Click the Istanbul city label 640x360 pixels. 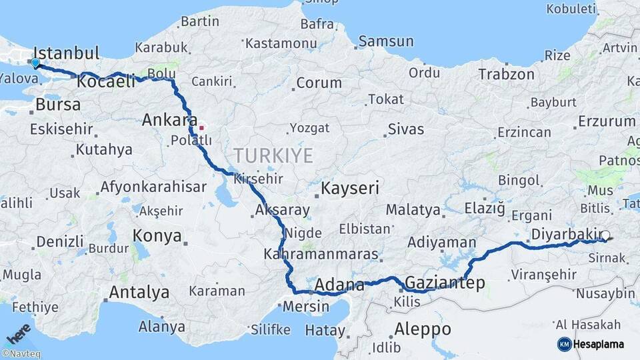[66, 53]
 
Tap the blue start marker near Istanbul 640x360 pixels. [35, 63]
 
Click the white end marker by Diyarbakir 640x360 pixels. [605, 235]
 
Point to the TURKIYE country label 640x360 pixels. [273, 156]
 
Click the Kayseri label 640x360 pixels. [350, 188]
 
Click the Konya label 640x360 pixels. [157, 235]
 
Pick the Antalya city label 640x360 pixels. [139, 292]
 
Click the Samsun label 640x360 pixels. [386, 41]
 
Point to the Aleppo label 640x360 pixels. [423, 329]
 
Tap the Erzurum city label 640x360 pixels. [607, 121]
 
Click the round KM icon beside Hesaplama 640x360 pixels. [564, 344]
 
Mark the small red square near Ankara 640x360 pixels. [201, 127]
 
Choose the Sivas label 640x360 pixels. [405, 129]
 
